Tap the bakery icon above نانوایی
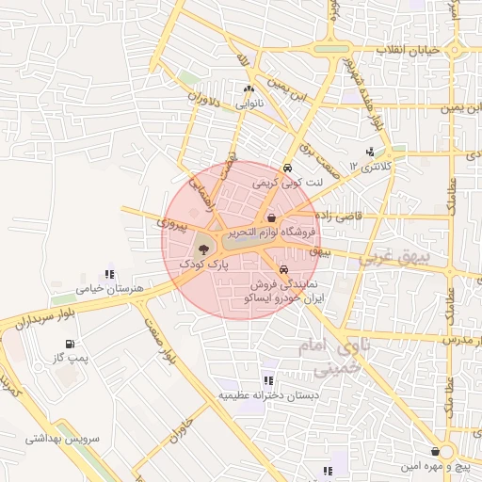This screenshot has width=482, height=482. coord(249,88)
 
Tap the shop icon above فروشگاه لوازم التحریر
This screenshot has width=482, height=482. coord(271,218)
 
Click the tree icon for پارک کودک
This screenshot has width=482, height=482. coord(204,249)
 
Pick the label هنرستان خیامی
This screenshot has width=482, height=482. coord(110,287)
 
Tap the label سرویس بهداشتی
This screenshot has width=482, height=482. coord(56,438)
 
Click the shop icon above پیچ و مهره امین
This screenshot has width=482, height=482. coord(435,451)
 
